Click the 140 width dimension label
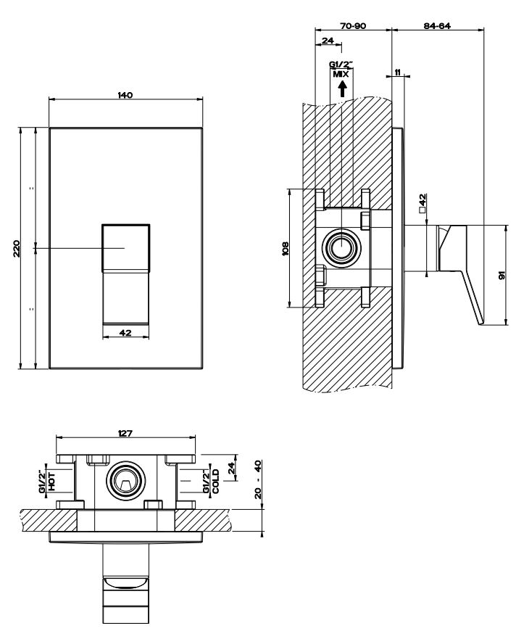pos(125,96)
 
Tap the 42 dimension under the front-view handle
pos(125,333)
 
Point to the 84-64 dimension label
pos(437,25)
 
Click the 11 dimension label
pos(399,72)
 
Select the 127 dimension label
pos(125,433)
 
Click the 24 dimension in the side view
pos(327,41)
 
